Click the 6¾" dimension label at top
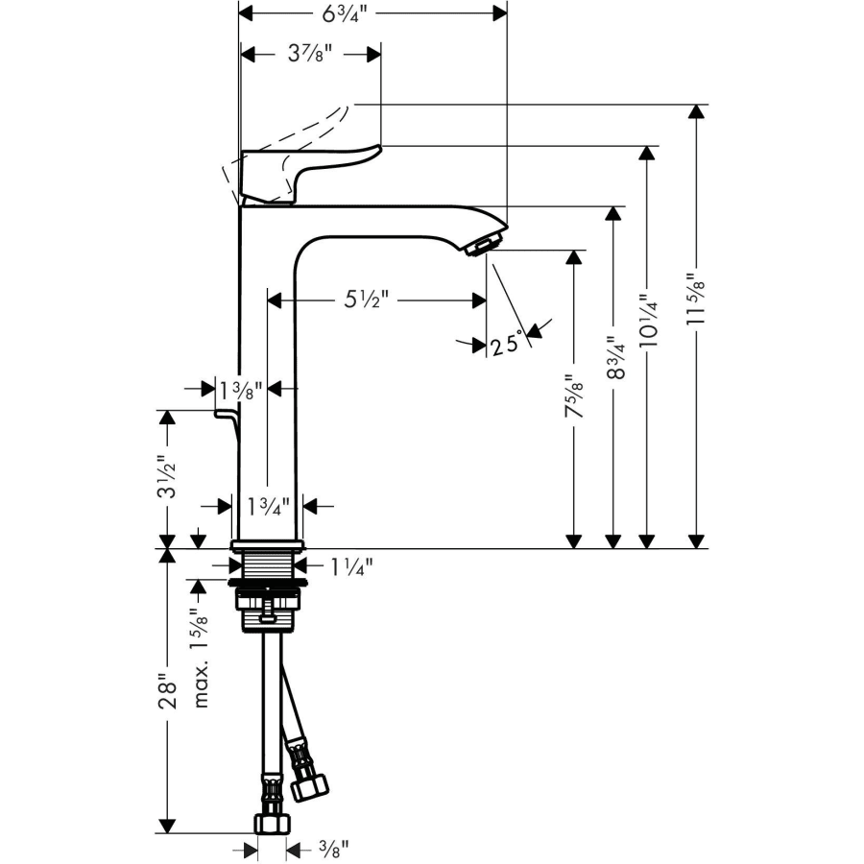(x=345, y=13)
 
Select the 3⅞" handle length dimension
(x=310, y=54)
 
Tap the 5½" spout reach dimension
(x=367, y=300)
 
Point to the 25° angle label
(x=506, y=346)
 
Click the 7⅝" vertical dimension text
(x=574, y=396)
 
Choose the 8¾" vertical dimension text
(x=616, y=358)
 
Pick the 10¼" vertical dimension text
(x=649, y=320)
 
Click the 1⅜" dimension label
(x=241, y=391)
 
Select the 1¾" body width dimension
(x=268, y=506)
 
